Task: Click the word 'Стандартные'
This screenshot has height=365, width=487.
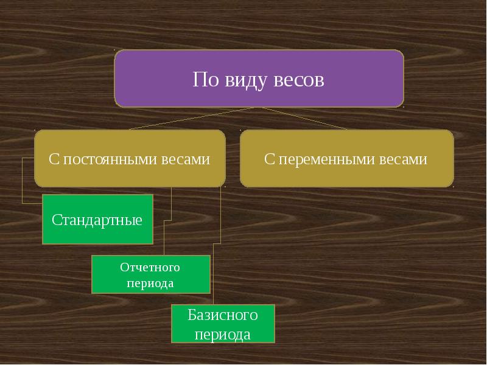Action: click(x=97, y=220)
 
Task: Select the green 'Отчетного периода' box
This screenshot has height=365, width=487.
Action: click(x=150, y=274)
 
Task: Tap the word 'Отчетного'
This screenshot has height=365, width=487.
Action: click(x=150, y=267)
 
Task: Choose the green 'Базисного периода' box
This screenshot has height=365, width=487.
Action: click(x=223, y=324)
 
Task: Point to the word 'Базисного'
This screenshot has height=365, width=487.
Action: click(x=223, y=315)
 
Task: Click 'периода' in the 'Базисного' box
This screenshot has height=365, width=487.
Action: click(x=223, y=335)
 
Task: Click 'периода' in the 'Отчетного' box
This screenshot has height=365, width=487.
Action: click(x=150, y=283)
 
